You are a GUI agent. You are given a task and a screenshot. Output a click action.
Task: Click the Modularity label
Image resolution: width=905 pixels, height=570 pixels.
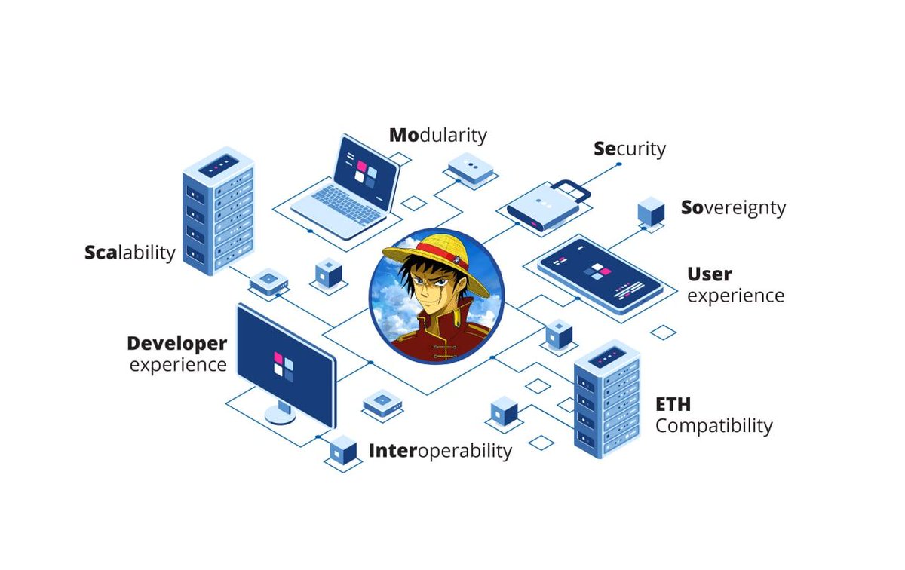coord(438,136)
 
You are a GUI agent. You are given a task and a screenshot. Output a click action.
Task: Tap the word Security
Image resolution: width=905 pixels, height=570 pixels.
coord(630,149)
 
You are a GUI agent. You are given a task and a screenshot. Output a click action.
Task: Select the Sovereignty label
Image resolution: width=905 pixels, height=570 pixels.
coord(733,207)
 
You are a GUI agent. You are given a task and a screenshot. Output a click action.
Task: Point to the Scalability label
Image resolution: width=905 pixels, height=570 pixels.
coord(130,252)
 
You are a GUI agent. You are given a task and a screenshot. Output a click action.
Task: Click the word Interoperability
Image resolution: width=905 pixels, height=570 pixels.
coord(440,451)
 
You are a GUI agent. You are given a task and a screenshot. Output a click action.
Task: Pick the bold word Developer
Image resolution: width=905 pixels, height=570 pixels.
coord(176,344)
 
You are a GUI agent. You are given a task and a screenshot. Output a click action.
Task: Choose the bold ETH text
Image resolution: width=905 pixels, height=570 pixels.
coord(673,405)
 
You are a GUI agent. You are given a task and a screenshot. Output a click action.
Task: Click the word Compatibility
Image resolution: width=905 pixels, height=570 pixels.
coord(713,426)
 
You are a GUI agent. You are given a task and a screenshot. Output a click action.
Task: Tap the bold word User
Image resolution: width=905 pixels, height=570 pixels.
coord(709,274)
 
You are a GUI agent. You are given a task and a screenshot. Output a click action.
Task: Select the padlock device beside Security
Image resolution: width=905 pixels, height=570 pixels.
coord(547,204)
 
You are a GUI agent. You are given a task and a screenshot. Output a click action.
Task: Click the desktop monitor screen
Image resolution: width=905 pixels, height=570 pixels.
coord(285,363)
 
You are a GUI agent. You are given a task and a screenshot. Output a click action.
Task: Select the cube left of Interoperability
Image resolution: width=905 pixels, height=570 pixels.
coord(343,450)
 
